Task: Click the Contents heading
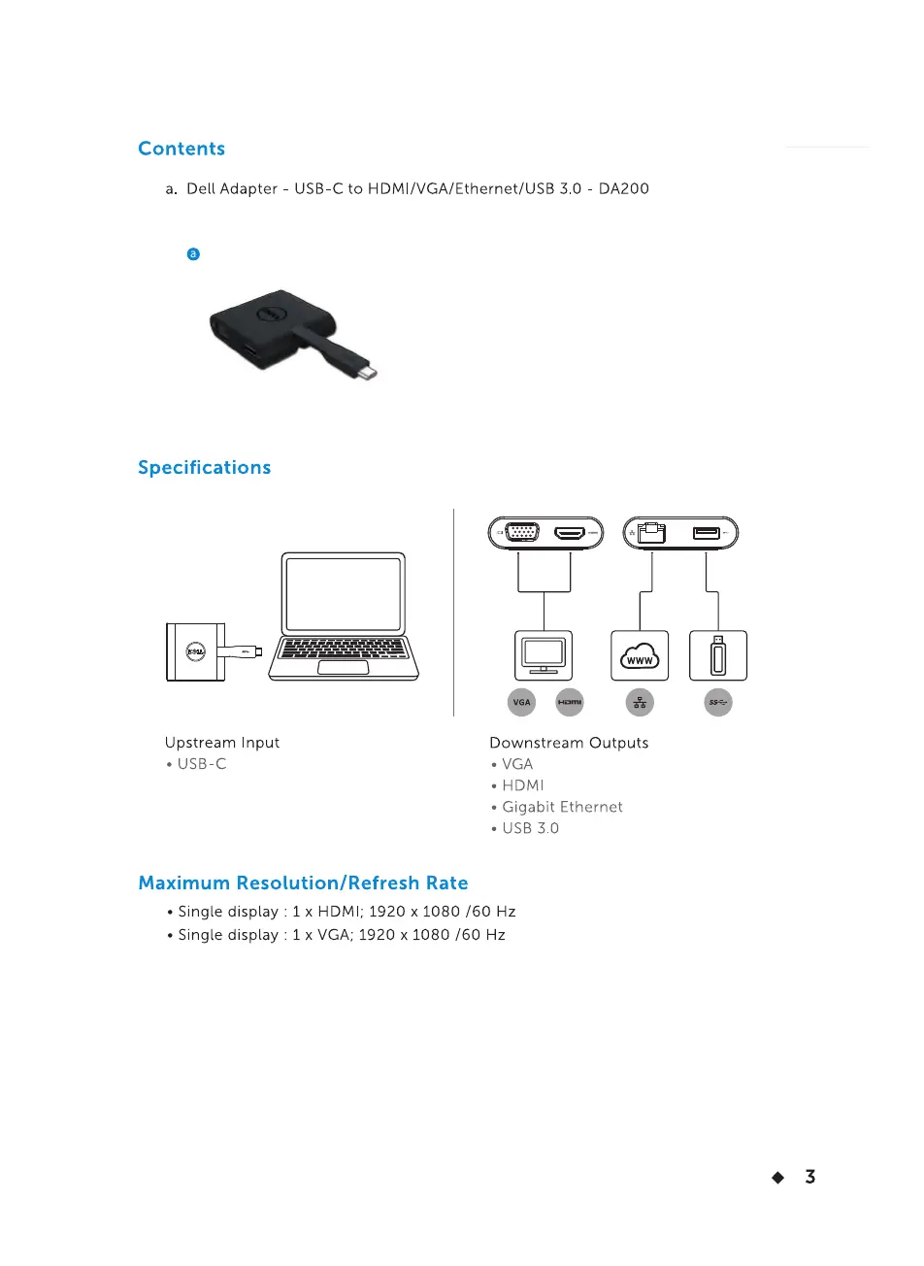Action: click(x=181, y=149)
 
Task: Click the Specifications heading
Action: click(x=204, y=467)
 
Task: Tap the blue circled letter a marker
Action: click(x=193, y=254)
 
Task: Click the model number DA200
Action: click(x=623, y=188)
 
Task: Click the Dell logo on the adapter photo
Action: click(x=270, y=314)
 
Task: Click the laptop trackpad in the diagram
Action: click(x=343, y=668)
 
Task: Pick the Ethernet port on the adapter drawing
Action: click(x=651, y=533)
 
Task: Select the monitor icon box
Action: click(x=544, y=655)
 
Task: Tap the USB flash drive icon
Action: click(x=718, y=655)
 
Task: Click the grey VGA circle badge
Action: click(x=522, y=702)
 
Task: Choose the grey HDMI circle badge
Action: click(x=570, y=702)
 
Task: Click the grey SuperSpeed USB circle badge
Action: click(x=718, y=702)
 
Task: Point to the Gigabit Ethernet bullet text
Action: click(x=562, y=807)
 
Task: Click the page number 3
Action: click(x=810, y=1177)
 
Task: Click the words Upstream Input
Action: click(x=222, y=743)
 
